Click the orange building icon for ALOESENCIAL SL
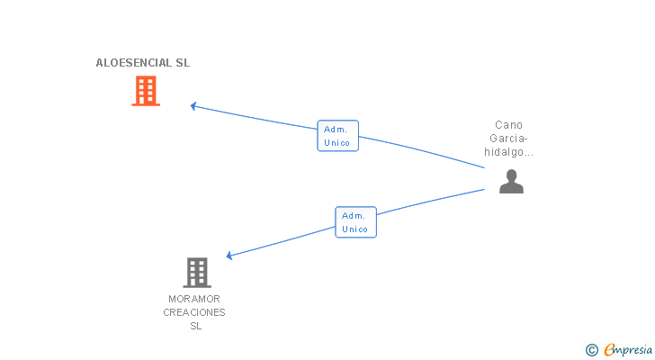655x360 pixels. pos(146,91)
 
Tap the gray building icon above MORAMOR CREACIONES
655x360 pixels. pos(197,273)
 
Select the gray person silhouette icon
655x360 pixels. pos(511,181)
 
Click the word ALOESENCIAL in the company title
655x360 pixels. pos(134,63)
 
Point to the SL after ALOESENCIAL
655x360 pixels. pos(183,63)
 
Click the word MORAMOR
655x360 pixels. pos(194,299)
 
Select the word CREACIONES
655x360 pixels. pos(194,312)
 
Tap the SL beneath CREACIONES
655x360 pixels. pos(196,326)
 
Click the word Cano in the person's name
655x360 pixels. pos(509,125)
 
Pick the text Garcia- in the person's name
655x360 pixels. pos(509,139)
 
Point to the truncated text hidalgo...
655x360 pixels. pos(509,151)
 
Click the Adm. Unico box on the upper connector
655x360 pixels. pos(338,136)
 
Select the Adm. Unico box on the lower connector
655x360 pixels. pos(356,222)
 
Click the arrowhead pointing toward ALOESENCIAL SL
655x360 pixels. pos(193,106)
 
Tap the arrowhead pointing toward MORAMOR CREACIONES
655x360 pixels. pos(229,256)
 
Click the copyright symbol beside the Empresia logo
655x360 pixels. pos(592,350)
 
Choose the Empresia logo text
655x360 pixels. pos(628,349)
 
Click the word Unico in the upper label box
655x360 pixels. pos(337,143)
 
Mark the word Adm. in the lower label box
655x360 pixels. pos(354,215)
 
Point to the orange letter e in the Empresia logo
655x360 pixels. pos(609,349)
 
